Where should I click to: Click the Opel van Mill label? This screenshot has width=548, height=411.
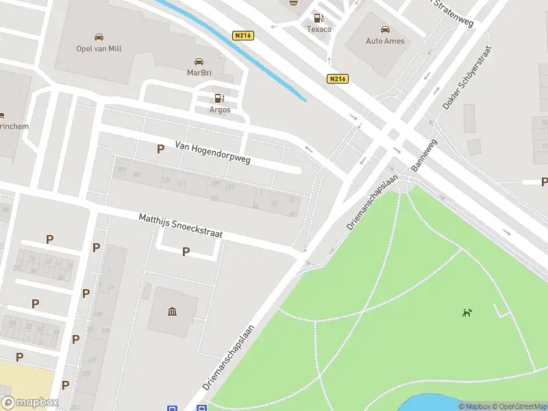[x=99, y=49]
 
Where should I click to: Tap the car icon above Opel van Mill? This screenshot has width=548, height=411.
[x=99, y=37]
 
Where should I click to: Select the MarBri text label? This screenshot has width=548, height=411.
[x=199, y=72]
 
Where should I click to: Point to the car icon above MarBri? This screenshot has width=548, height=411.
[x=199, y=61]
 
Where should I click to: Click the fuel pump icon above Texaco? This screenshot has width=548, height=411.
[x=318, y=18]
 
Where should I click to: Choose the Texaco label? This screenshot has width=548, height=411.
[x=318, y=29]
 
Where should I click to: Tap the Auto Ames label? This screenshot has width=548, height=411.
[x=385, y=41]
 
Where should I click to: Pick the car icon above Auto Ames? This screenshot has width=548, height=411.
[x=385, y=29]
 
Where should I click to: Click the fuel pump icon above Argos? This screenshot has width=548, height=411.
[x=219, y=99]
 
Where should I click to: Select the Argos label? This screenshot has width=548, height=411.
[x=219, y=110]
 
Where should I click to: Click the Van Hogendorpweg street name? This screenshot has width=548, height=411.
[x=213, y=153]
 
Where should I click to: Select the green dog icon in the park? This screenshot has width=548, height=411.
[x=467, y=313]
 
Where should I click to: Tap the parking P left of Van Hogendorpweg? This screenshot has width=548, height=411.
[x=160, y=149]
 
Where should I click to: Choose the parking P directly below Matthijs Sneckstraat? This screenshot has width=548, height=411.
[x=186, y=251]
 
